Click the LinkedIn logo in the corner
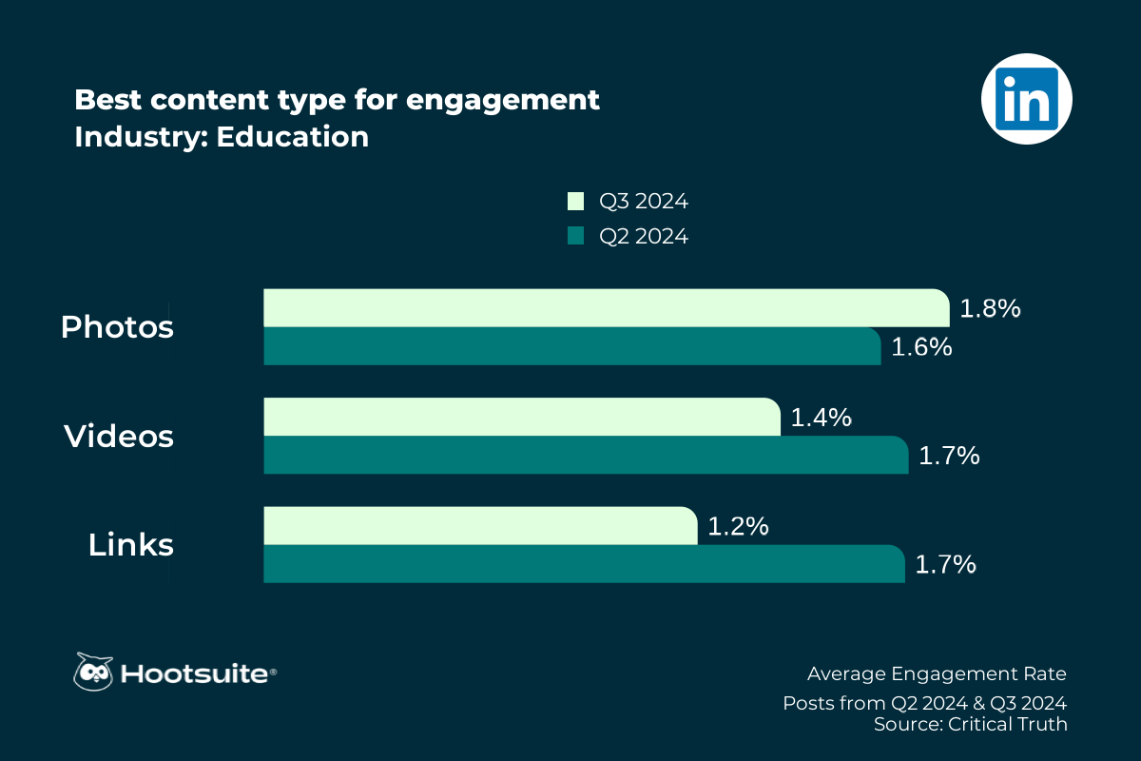pyautogui.click(x=1026, y=99)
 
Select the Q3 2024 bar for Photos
pyautogui.click(x=606, y=308)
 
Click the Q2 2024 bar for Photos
pyautogui.click(x=571, y=346)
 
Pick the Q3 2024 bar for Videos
pyautogui.click(x=521, y=417)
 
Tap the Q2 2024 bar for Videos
pyautogui.click(x=586, y=455)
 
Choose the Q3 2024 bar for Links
pyautogui.click(x=480, y=526)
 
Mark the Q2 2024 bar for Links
pyautogui.click(x=583, y=563)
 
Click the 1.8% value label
pyautogui.click(x=990, y=308)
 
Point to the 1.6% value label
pyautogui.click(x=921, y=347)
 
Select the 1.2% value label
pyautogui.click(x=737, y=526)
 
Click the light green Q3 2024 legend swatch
pyautogui.click(x=575, y=201)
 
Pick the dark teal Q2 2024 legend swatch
pyautogui.click(x=575, y=236)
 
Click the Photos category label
pyautogui.click(x=117, y=327)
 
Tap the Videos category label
pyautogui.click(x=119, y=437)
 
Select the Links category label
pyautogui.click(x=131, y=545)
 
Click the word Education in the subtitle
pyautogui.click(x=293, y=137)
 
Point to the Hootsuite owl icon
pyautogui.click(x=93, y=672)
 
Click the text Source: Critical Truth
pyautogui.click(x=970, y=724)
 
